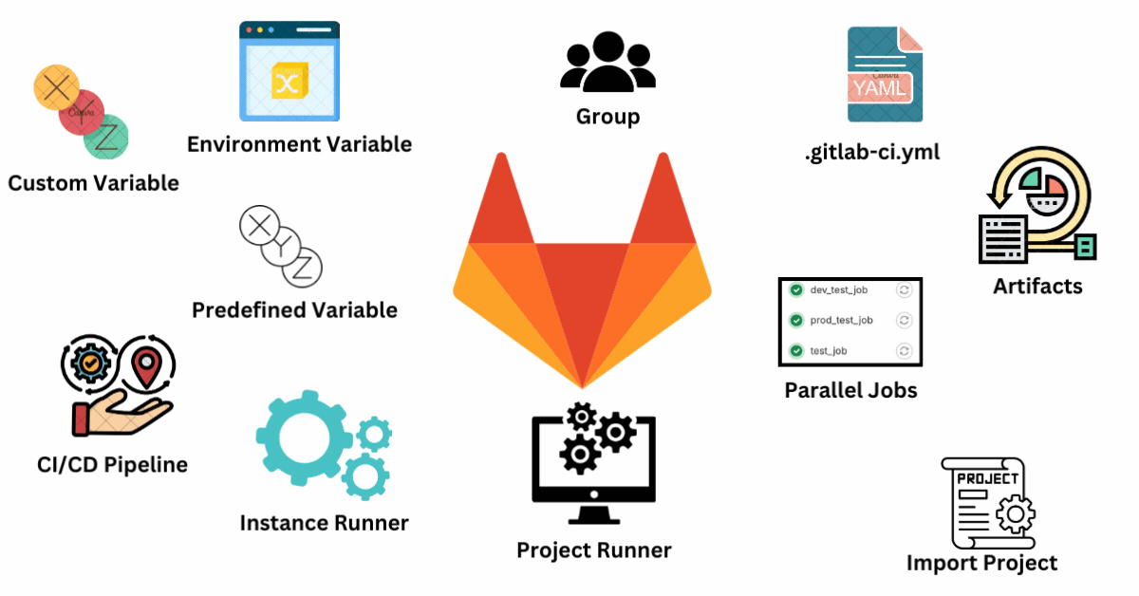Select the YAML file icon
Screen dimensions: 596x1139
tap(884, 75)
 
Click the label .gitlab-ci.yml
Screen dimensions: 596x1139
tap(871, 150)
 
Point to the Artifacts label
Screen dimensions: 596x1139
tap(1037, 286)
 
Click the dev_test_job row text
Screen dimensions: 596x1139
tap(839, 289)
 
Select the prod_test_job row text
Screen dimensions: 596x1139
tap(841, 320)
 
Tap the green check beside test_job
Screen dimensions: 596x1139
tap(795, 351)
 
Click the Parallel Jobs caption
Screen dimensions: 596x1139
tap(850, 390)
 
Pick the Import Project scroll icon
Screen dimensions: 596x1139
tap(983, 502)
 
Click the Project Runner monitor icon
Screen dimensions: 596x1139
tap(593, 463)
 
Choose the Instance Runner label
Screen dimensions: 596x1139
tap(324, 523)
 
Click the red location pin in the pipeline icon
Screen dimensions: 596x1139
tap(145, 367)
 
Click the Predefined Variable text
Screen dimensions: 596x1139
tap(294, 310)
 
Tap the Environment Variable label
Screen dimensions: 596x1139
tap(299, 144)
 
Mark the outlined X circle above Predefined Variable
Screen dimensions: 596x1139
tap(257, 225)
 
